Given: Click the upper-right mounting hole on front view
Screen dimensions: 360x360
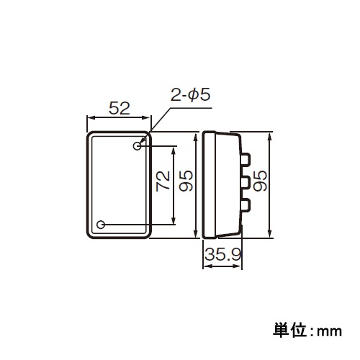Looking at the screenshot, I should pyautogui.click(x=138, y=146).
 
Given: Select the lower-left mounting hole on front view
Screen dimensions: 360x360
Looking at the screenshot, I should pyautogui.click(x=101, y=225).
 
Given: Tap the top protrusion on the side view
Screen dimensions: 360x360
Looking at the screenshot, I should pyautogui.click(x=246, y=157).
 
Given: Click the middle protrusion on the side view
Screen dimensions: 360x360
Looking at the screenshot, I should pyautogui.click(x=246, y=181).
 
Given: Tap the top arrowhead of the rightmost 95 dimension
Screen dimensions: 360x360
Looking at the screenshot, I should pyautogui.click(x=270, y=135).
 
